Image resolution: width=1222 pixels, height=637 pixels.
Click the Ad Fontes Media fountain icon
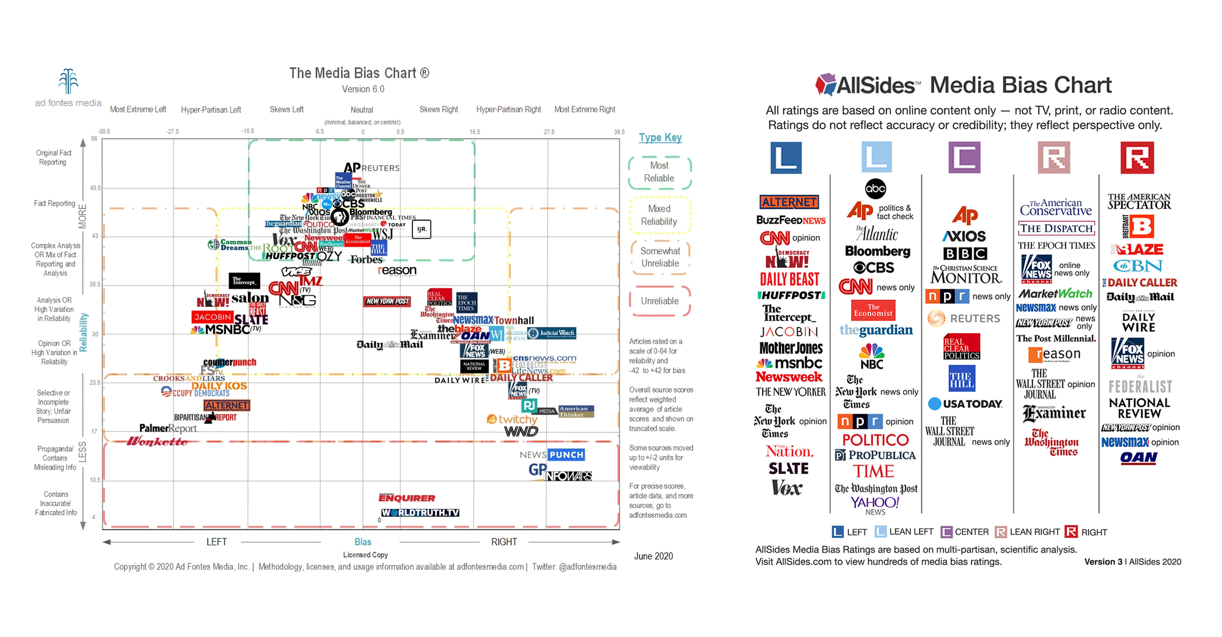pos(68,81)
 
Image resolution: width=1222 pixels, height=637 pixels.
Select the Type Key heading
pos(660,138)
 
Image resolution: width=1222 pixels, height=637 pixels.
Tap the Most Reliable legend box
pos(659,172)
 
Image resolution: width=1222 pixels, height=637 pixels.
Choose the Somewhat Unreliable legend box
pos(660,257)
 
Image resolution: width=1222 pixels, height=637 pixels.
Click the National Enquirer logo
pos(407,498)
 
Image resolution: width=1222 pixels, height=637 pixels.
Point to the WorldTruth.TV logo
pos(420,513)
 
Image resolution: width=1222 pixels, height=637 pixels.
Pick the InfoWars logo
pos(568,476)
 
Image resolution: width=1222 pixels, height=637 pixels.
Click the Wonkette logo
pos(157,441)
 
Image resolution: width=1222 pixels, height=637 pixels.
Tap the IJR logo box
pos(422,229)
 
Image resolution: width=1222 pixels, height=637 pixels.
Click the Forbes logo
pos(366,260)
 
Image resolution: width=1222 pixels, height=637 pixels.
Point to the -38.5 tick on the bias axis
pos(104,131)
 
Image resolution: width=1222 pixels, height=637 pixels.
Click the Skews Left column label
pos(287,109)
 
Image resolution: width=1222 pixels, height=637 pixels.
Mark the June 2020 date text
pos(653,556)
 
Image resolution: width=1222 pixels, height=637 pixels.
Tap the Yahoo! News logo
pos(875,504)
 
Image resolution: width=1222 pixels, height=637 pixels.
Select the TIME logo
pos(874,471)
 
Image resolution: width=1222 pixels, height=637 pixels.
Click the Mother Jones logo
pos(791,348)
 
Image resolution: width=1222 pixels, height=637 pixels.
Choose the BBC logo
pos(965,254)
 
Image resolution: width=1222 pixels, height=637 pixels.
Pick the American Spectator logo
pos(1139,201)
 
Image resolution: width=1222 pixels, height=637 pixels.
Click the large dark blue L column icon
pos(786,158)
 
